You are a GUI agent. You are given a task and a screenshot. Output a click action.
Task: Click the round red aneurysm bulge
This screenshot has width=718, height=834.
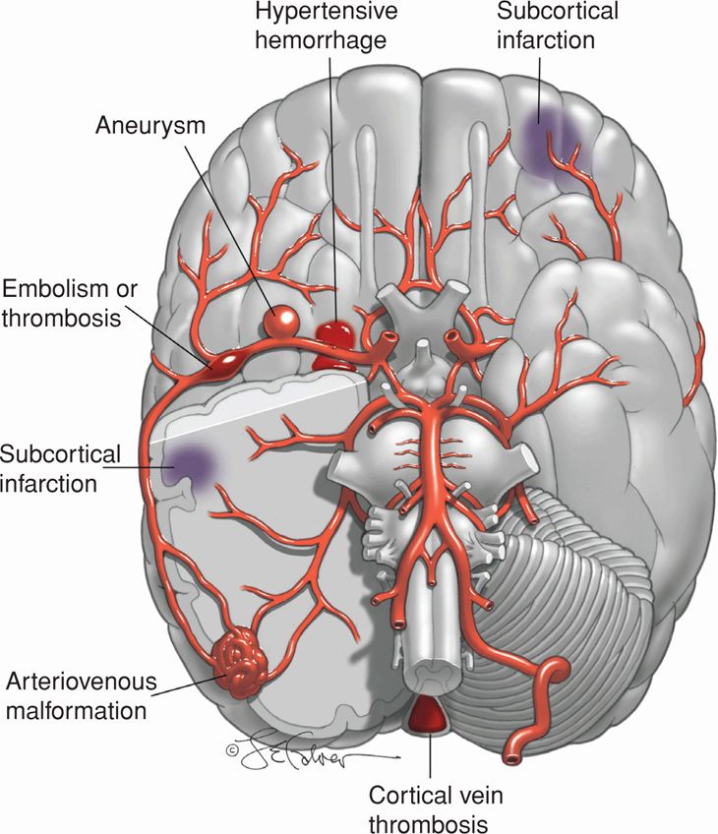[282, 320]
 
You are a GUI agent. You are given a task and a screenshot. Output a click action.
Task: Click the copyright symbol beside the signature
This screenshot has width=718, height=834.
[232, 748]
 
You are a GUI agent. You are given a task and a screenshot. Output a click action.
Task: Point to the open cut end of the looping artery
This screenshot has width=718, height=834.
[514, 758]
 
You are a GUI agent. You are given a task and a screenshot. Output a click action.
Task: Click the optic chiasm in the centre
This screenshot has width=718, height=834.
[416, 321]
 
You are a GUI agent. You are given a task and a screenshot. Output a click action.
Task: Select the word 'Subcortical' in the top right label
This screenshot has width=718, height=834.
[558, 13]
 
